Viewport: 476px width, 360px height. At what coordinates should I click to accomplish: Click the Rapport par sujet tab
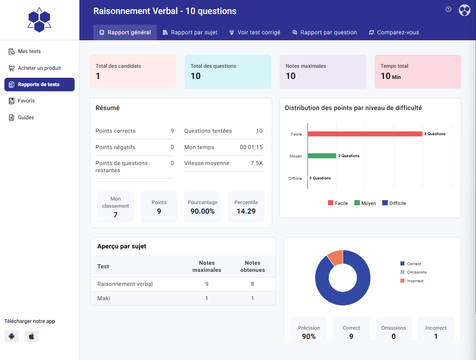click(190, 32)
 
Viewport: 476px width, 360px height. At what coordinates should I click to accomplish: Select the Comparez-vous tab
click(394, 32)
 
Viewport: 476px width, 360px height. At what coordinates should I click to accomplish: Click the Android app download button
click(12, 336)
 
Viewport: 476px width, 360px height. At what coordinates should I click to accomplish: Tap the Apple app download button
click(32, 336)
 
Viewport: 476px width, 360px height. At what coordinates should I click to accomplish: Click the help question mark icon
click(448, 10)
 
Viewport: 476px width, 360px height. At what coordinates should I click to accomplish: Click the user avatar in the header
click(464, 10)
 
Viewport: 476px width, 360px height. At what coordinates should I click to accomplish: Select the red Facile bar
click(365, 134)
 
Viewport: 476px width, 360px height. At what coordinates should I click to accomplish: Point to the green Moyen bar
click(322, 156)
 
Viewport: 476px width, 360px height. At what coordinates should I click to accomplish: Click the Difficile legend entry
click(394, 203)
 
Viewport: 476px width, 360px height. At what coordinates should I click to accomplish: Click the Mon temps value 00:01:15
click(251, 147)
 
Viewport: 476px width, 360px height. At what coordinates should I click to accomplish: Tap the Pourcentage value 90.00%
click(202, 211)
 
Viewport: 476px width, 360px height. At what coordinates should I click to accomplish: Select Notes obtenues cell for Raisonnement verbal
click(253, 284)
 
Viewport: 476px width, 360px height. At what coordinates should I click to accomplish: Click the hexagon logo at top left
click(39, 20)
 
